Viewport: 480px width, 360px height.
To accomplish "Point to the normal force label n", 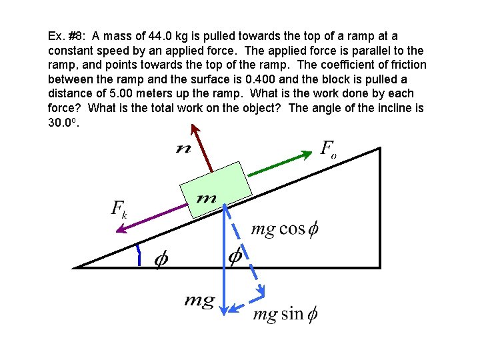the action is tap(182, 149).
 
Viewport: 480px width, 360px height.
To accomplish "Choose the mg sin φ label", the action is tap(285, 313).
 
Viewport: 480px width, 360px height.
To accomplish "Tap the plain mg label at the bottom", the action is tap(199, 301).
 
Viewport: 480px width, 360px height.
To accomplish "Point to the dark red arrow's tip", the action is tap(203, 133).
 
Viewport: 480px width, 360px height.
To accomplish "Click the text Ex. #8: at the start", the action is tap(67, 35).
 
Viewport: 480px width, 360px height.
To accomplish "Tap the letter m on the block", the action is tap(207, 198).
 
